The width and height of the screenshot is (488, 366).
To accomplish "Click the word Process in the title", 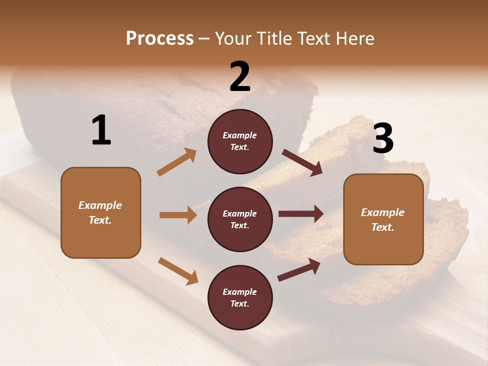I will [160, 39].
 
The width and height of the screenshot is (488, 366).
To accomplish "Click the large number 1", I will [101, 131].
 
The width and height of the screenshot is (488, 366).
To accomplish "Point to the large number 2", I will [240, 77].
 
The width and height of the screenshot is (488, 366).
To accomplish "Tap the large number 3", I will [383, 139].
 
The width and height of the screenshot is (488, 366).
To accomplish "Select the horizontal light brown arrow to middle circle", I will [178, 215].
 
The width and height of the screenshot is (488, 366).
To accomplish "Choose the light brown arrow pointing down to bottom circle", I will [178, 270].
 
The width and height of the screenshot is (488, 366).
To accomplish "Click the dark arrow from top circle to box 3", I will [302, 163].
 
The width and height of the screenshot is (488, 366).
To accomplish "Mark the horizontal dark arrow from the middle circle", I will [300, 213].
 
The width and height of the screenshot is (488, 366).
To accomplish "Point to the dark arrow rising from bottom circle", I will [299, 270].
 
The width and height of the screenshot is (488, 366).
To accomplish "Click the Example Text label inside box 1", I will [100, 212].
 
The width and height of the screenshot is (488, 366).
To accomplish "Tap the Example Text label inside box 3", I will [383, 220].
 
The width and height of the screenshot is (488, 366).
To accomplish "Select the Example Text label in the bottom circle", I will [239, 297].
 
